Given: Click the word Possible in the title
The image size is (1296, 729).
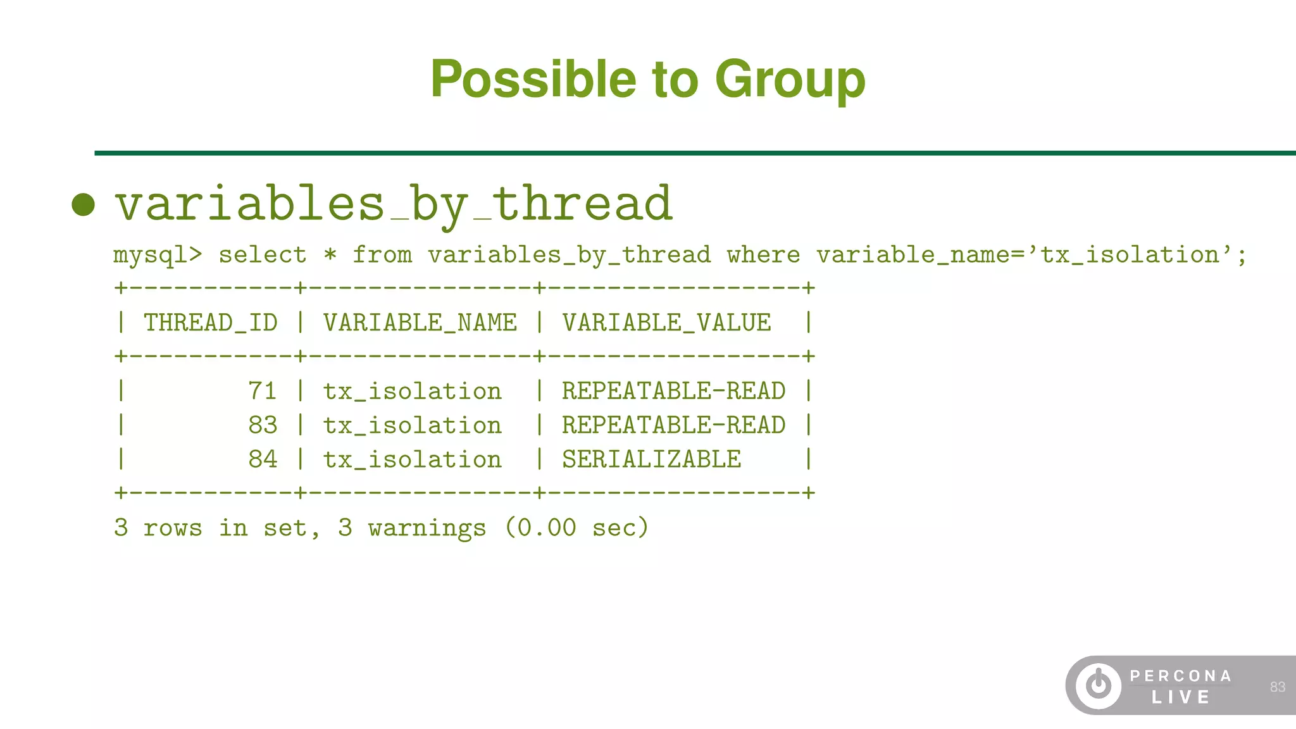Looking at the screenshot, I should [533, 80].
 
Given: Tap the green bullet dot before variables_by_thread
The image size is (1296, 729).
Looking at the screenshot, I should [84, 204].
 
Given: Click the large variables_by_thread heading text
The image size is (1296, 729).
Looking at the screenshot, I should [393, 204].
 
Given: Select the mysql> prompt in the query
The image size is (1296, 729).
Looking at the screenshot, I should [158, 255].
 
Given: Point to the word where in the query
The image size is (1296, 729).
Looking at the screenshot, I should [763, 255].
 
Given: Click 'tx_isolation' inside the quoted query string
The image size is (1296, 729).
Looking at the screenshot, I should [1130, 255].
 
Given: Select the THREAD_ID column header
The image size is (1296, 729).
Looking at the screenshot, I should [210, 323].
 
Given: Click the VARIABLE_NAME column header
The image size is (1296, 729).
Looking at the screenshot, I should [420, 323].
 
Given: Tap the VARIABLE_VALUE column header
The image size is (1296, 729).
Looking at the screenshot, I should [666, 323].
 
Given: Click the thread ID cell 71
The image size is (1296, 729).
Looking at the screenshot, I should [262, 391].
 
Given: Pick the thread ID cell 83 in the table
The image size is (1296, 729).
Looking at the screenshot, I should [262, 425].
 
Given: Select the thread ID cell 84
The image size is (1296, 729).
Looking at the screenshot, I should [262, 459].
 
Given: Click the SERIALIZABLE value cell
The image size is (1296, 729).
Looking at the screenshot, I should [651, 459].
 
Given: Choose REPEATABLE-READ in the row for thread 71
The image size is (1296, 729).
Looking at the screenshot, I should [673, 391].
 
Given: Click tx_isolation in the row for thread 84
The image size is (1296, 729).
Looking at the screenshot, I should [412, 459].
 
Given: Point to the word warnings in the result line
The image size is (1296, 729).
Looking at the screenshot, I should [427, 528].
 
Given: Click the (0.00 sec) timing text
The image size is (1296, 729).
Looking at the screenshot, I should [576, 528].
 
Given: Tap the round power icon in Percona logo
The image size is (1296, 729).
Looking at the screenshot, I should [1099, 686].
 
